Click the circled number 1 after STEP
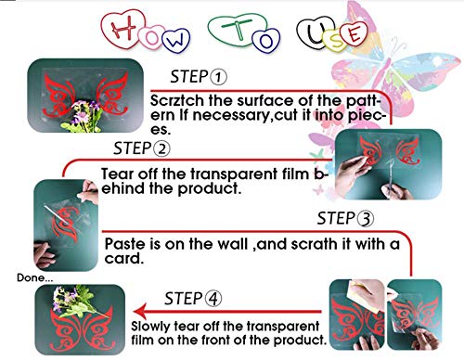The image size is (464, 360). [218, 77]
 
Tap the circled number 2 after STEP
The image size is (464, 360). [162, 148]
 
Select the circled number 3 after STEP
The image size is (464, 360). [366, 219]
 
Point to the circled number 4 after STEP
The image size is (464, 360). [213, 299]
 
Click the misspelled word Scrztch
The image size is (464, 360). [177, 101]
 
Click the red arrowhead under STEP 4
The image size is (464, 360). [140, 311]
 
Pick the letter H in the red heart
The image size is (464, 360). [123, 28]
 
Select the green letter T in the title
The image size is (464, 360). [238, 30]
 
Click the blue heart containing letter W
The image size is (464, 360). [175, 40]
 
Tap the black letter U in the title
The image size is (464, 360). [316, 33]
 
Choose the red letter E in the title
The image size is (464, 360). [354, 34]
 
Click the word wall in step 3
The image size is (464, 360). [233, 244]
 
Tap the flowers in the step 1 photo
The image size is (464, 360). [83, 116]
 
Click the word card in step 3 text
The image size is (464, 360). [124, 259]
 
